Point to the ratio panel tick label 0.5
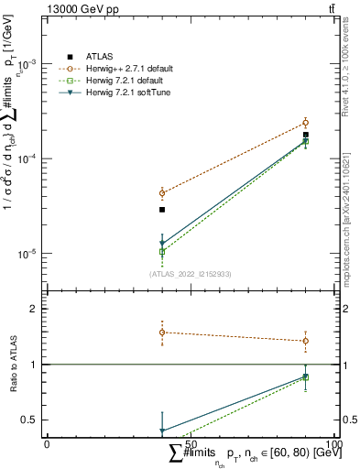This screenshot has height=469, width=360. point(32,420)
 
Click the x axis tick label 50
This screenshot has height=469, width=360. point(191,443)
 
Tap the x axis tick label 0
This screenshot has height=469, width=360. point(47,443)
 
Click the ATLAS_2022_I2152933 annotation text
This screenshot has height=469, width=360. point(190,274)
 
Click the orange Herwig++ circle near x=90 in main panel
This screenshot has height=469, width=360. point(306,123)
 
